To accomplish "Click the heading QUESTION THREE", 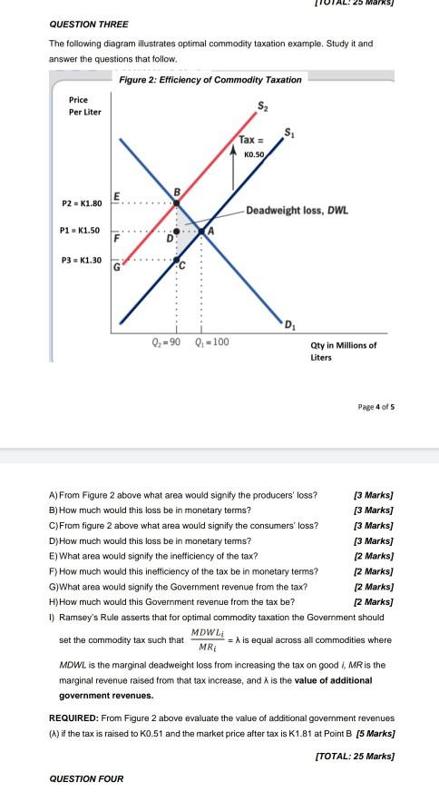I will click(89, 24).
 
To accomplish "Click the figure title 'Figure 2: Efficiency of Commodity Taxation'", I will click(210, 80).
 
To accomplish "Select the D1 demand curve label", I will click(288, 324).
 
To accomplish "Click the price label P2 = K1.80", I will click(81, 203).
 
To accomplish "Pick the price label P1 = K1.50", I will click(81, 231).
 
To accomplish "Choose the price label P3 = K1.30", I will click(81, 260).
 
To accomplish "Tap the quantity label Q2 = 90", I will click(165, 342).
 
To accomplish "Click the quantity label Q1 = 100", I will click(210, 342).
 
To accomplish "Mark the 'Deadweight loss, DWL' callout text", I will click(298, 210).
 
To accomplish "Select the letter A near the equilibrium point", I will click(211, 231).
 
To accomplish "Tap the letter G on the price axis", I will click(116, 268).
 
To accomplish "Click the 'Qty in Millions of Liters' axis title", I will click(343, 351).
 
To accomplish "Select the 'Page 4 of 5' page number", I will click(375, 406).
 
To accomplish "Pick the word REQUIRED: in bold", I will click(73, 717).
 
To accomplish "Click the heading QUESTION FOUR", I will click(86, 778).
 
